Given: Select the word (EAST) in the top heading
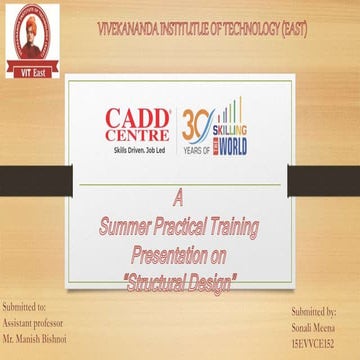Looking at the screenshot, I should pos(293,29).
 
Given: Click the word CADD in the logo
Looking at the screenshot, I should pos(139,117).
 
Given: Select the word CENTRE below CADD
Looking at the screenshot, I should pos(139,134).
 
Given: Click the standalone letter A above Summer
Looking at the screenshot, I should pos(179,194).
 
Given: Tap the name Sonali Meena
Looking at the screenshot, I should pos(314,328).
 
